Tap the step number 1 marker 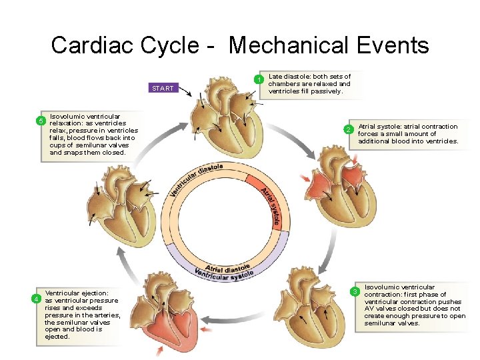point(259,80)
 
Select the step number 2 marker point(347,129)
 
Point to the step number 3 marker point(355,291)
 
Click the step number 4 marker point(39,298)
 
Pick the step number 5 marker point(40,121)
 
